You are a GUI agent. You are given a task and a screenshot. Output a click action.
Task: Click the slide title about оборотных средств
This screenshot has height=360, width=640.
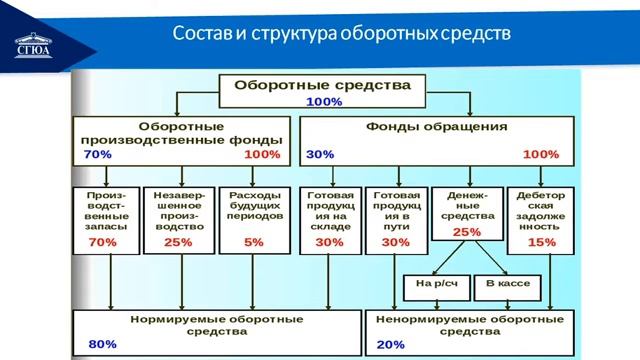click(x=341, y=33)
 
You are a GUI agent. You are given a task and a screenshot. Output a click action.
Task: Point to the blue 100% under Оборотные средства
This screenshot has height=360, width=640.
click(x=323, y=102)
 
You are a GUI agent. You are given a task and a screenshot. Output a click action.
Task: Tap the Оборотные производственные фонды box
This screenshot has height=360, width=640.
click(x=181, y=141)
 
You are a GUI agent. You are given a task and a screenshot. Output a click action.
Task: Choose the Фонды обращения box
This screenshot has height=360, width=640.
click(x=437, y=141)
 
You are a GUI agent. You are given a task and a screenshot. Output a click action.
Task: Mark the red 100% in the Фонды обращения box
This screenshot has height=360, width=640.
click(x=540, y=155)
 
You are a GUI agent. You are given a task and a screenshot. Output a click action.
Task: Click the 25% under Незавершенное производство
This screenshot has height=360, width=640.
click(x=177, y=242)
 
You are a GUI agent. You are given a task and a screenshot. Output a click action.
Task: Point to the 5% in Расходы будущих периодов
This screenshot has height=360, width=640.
click(x=253, y=242)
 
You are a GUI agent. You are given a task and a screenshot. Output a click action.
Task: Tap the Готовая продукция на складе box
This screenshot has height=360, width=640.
click(x=329, y=219)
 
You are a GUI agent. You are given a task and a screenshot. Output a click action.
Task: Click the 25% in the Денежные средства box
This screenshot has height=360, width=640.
click(x=466, y=232)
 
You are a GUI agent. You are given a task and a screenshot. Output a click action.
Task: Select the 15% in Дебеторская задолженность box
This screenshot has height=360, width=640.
click(x=540, y=242)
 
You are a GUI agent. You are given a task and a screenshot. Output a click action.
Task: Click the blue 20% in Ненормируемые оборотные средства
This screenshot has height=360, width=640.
click(x=391, y=344)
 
